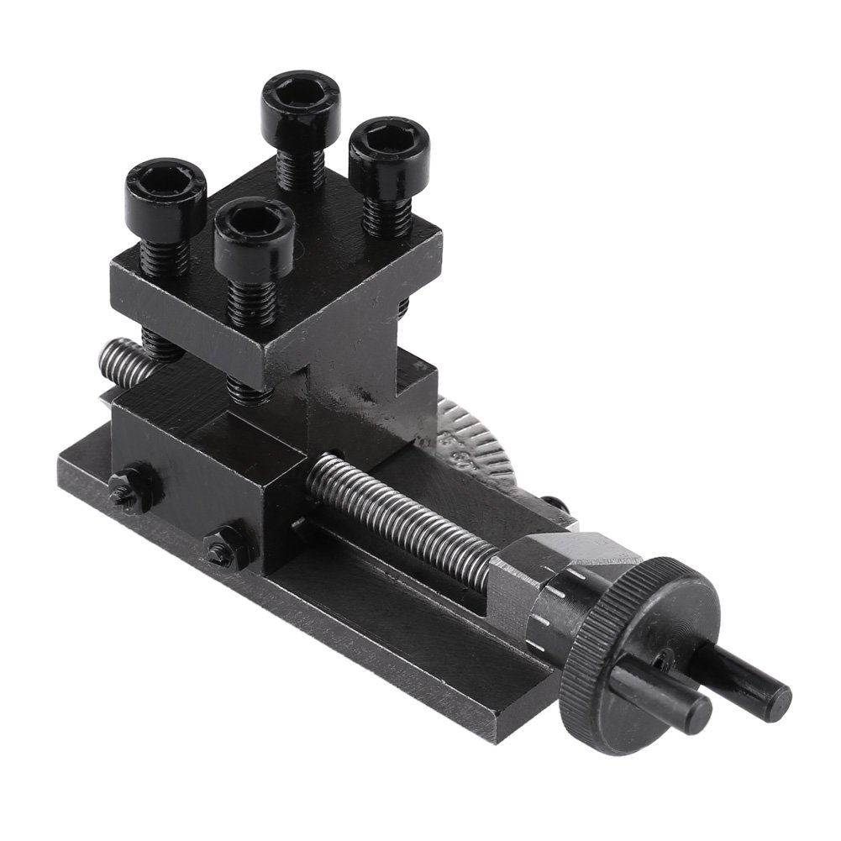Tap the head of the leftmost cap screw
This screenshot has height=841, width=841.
point(166,187)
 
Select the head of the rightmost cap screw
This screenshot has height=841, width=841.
point(389,146)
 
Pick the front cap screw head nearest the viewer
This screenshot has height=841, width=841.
point(254,227)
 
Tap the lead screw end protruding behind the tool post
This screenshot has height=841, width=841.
point(118,357)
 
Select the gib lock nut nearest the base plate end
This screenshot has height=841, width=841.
point(125,492)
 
